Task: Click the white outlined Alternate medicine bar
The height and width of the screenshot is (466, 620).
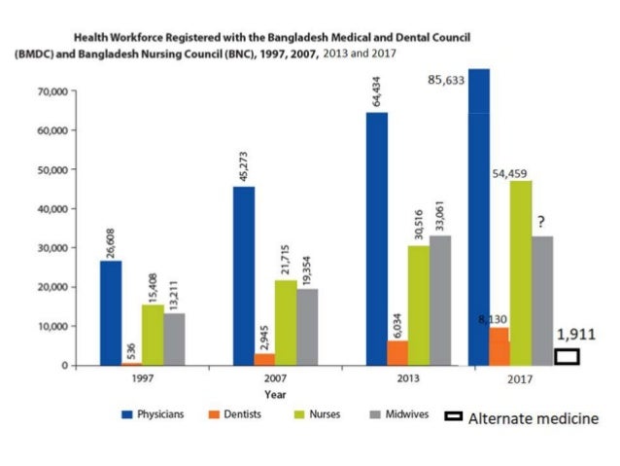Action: (567, 356)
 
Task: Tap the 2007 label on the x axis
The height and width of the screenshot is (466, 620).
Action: (278, 379)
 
